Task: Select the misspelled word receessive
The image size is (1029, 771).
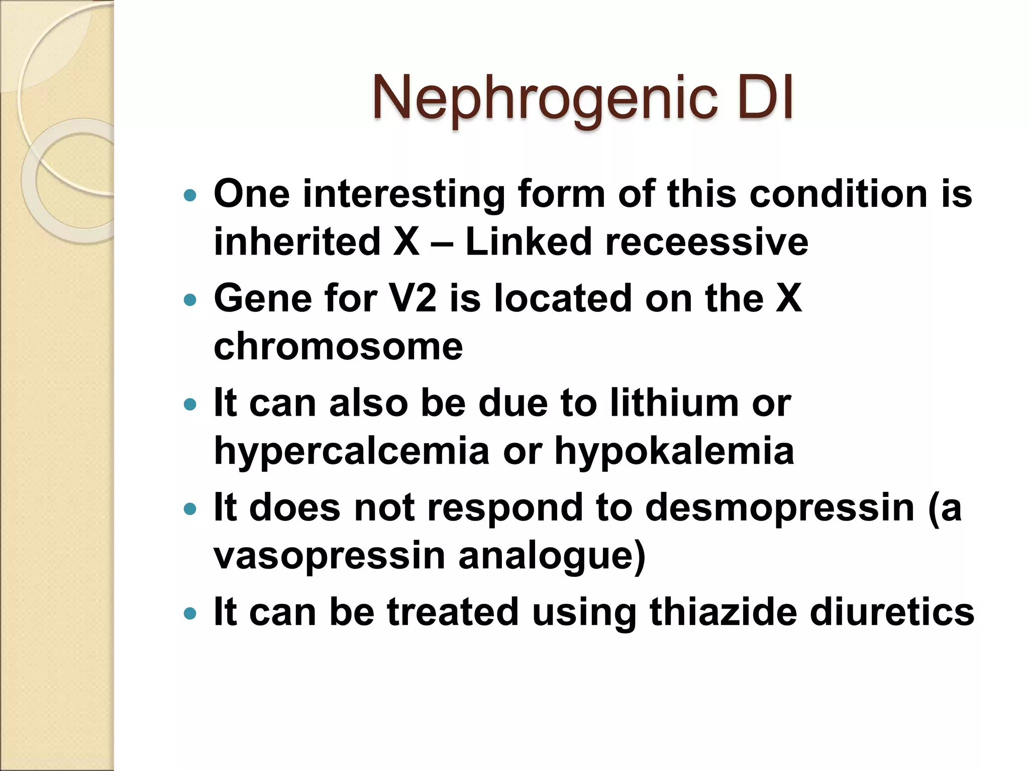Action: pyautogui.click(x=707, y=242)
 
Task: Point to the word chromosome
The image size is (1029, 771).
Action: pyautogui.click(x=338, y=346)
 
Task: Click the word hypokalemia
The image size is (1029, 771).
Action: pyautogui.click(x=674, y=451)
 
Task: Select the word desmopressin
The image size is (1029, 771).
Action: pyautogui.click(x=780, y=507)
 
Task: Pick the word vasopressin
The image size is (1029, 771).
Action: pyautogui.click(x=330, y=556)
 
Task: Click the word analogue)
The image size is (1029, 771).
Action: pyautogui.click(x=552, y=556)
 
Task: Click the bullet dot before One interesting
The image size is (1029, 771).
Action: pyautogui.click(x=190, y=195)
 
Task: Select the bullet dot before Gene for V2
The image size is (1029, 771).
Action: pyautogui.click(x=190, y=300)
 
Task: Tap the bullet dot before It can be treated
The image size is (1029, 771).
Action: pyautogui.click(x=190, y=613)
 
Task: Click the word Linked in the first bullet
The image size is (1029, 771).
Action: pyautogui.click(x=529, y=242)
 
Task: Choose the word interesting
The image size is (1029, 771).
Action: pyautogui.click(x=404, y=194)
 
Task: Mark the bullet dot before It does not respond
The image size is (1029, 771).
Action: pyautogui.click(x=190, y=509)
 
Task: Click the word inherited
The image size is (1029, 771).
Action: pyautogui.click(x=297, y=242)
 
